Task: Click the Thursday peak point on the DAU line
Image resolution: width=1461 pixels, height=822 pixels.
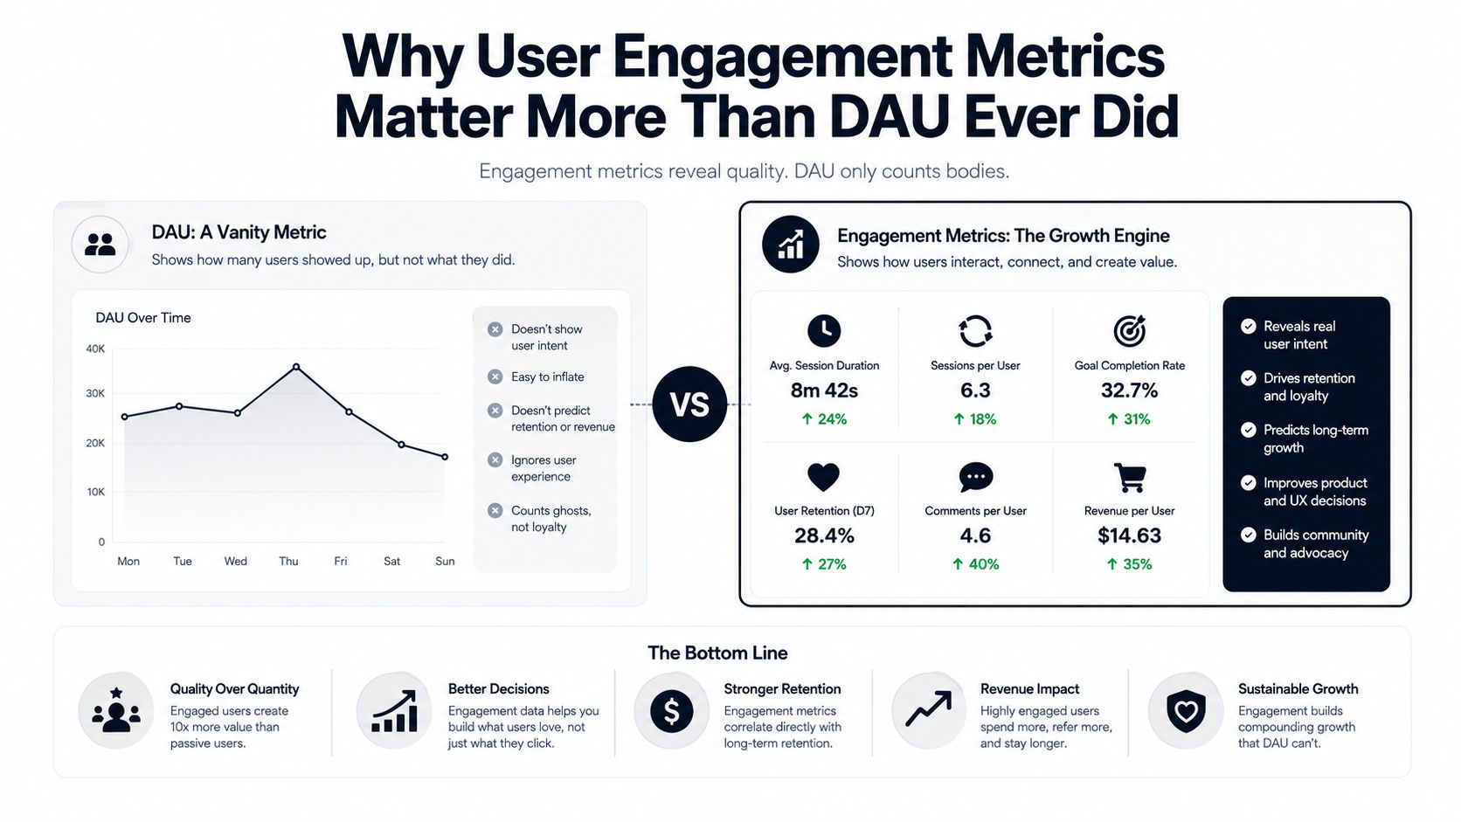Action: click(x=296, y=367)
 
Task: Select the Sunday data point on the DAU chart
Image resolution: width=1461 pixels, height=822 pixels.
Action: click(x=445, y=457)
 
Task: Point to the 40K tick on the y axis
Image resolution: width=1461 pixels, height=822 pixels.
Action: click(x=95, y=349)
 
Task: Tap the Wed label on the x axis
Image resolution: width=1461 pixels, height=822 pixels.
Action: click(x=235, y=562)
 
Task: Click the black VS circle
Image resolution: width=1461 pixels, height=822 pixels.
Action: click(x=689, y=404)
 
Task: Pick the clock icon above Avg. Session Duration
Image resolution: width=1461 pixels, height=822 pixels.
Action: click(x=824, y=330)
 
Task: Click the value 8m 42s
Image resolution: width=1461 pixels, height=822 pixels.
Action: click(x=824, y=390)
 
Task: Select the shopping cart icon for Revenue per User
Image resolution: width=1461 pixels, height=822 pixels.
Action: click(x=1129, y=477)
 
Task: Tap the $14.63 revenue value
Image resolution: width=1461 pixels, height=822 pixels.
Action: click(x=1129, y=535)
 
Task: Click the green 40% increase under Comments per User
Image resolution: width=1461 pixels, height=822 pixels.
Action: click(x=975, y=564)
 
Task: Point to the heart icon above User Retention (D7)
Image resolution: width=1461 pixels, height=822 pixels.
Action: click(x=823, y=477)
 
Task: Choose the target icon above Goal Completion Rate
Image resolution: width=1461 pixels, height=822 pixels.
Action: click(x=1129, y=330)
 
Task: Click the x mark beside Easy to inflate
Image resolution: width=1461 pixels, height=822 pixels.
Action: click(x=495, y=376)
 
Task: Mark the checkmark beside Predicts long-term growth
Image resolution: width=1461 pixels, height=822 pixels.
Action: click(x=1248, y=431)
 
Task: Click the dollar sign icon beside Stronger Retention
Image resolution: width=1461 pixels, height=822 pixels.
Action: click(x=671, y=711)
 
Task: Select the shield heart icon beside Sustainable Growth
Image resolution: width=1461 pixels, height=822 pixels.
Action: click(x=1185, y=711)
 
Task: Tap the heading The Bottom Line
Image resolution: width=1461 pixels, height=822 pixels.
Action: click(x=717, y=653)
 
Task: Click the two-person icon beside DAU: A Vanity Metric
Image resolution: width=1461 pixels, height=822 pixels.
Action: click(x=100, y=245)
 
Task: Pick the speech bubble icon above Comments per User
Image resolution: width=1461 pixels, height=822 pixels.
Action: click(x=976, y=477)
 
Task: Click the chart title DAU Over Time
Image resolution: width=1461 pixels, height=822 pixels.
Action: click(x=142, y=318)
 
